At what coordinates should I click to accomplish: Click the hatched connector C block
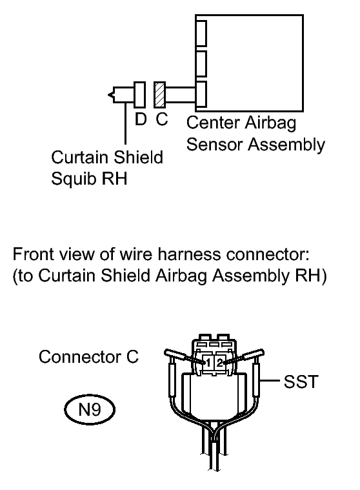point(159,95)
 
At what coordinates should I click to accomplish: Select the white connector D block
point(139,95)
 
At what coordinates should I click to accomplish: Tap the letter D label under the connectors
point(141,119)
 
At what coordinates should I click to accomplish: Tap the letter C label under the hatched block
point(162,119)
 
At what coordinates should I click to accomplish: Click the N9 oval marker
point(90,409)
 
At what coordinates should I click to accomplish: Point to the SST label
point(301,382)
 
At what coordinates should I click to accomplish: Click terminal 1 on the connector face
point(208,363)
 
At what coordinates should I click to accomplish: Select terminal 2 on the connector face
point(219,363)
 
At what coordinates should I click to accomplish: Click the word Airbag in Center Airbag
point(270,123)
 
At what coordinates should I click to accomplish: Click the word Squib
point(72,179)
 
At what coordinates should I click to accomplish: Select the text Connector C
point(88,357)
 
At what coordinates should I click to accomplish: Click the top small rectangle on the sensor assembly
point(201,34)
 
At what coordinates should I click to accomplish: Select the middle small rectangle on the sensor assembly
point(201,64)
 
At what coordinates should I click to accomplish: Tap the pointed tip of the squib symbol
point(108,95)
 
